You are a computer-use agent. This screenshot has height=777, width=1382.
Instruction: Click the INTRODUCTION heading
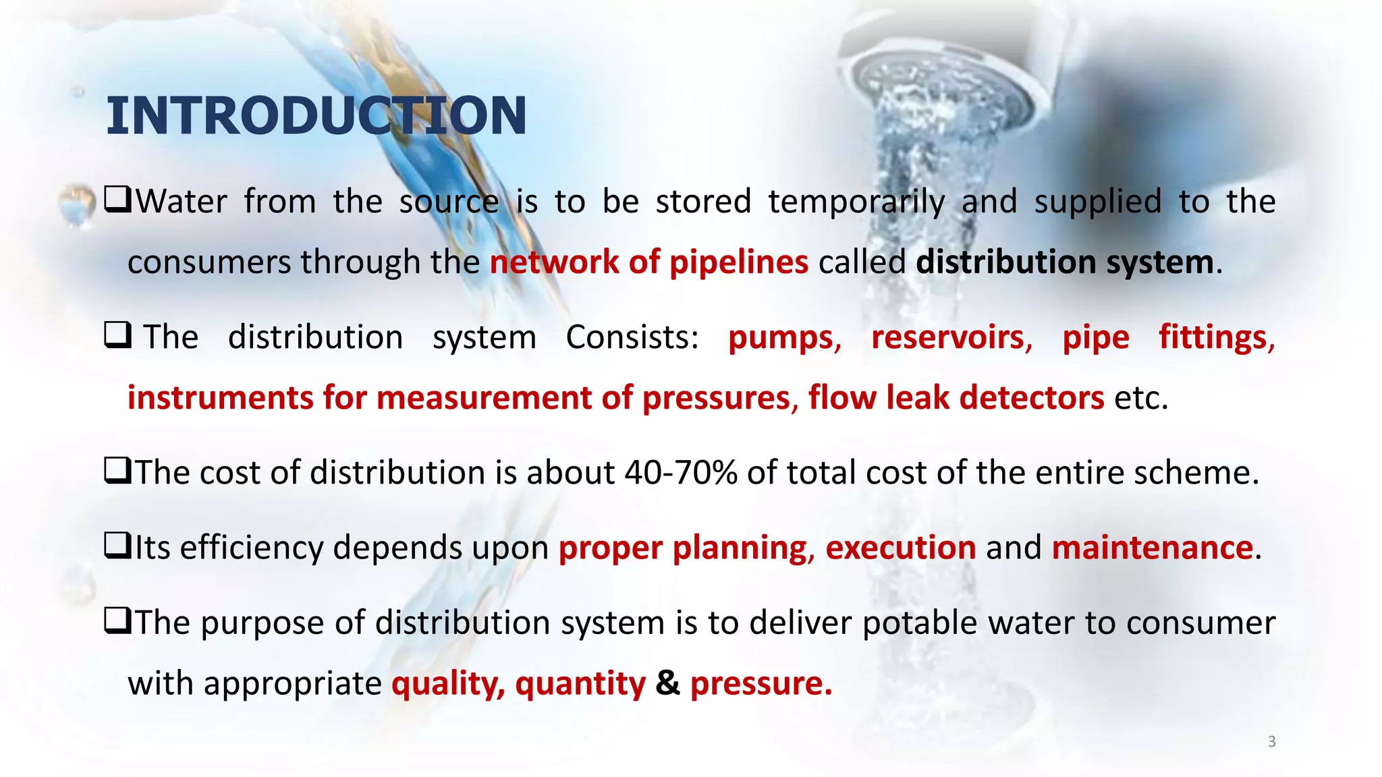point(316,116)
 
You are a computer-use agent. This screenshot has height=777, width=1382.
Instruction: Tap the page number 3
point(1271,742)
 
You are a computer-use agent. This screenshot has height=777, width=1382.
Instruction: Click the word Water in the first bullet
point(181,202)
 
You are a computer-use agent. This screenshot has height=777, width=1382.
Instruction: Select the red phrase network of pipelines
point(648,262)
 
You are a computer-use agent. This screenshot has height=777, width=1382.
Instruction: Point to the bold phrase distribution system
point(1065,262)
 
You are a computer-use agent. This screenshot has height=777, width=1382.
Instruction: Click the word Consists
point(632,337)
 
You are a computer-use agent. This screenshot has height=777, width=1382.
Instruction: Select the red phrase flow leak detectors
point(956,398)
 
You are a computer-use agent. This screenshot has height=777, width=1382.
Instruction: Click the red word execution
point(900,548)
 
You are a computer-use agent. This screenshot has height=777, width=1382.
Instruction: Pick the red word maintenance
point(1153,548)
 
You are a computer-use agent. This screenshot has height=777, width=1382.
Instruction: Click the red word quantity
point(580,684)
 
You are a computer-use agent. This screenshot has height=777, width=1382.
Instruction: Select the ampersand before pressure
point(667,683)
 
